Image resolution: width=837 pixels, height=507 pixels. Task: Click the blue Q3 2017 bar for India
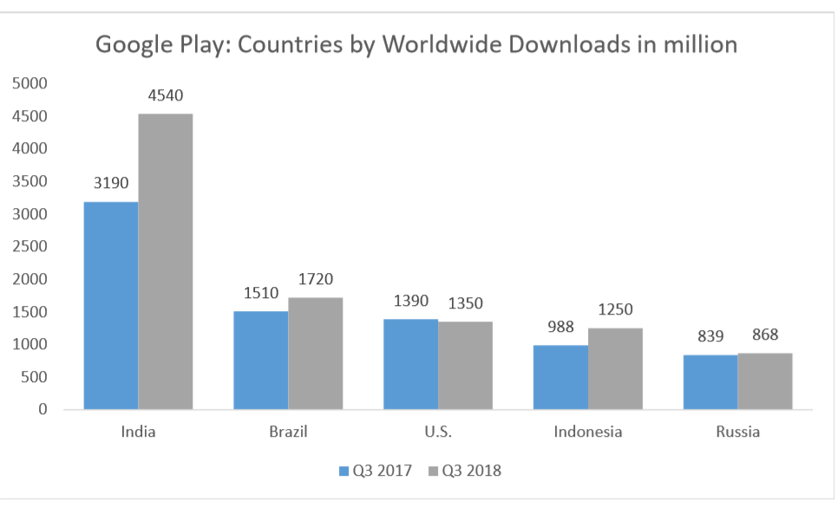coord(110,305)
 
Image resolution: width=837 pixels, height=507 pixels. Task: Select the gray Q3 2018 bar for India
coord(165,261)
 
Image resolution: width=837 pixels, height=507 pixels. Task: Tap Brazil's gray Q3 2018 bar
coord(315,353)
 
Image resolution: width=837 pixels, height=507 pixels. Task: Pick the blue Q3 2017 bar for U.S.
coord(411,364)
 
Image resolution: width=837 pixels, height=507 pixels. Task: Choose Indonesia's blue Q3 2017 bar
coord(560,377)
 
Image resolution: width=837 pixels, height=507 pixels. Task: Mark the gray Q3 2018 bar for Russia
coord(765,380)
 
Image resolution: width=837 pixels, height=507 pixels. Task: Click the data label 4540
coord(165,95)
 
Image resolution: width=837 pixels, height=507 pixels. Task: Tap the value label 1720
coord(315,279)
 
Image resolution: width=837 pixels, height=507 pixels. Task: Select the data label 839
coord(710,335)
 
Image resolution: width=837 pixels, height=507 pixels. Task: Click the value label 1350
coord(465,303)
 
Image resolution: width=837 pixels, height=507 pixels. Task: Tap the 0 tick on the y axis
coord(42,409)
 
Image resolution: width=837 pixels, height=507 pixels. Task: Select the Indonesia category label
coord(588,432)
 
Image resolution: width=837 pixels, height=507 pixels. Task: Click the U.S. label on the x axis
coord(438,432)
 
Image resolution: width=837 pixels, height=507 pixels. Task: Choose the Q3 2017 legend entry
coord(379,471)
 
